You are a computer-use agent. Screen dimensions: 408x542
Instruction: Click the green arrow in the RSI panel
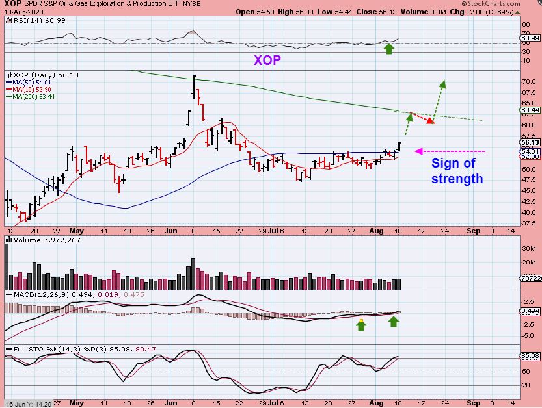(388, 49)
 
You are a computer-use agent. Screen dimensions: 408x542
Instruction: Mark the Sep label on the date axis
(472, 230)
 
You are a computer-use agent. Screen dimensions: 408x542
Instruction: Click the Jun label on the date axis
(172, 230)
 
